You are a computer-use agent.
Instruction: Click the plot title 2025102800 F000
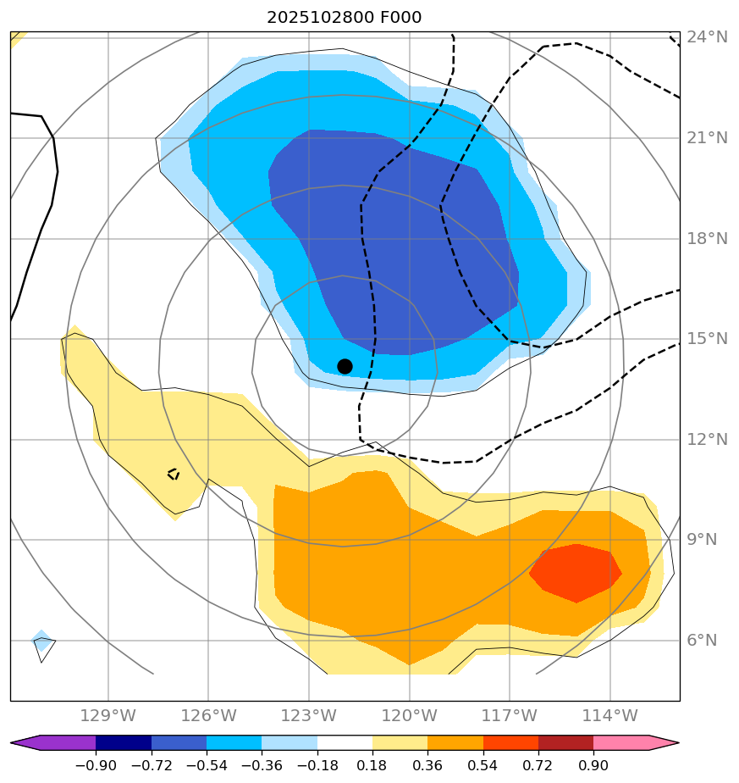(344, 18)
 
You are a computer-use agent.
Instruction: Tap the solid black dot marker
(345, 366)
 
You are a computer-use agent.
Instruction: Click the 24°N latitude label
(707, 37)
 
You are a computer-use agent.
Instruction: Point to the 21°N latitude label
(707, 138)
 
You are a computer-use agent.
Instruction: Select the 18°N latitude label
(707, 239)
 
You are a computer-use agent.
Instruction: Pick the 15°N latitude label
(707, 339)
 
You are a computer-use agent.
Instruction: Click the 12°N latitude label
(707, 440)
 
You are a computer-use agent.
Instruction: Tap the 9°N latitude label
(707, 540)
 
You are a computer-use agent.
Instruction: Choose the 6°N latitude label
(707, 641)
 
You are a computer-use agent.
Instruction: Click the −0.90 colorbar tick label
(95, 766)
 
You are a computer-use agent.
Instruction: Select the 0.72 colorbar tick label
(538, 766)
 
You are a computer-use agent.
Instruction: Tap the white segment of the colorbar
(345, 743)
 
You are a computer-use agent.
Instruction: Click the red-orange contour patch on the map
(576, 573)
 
